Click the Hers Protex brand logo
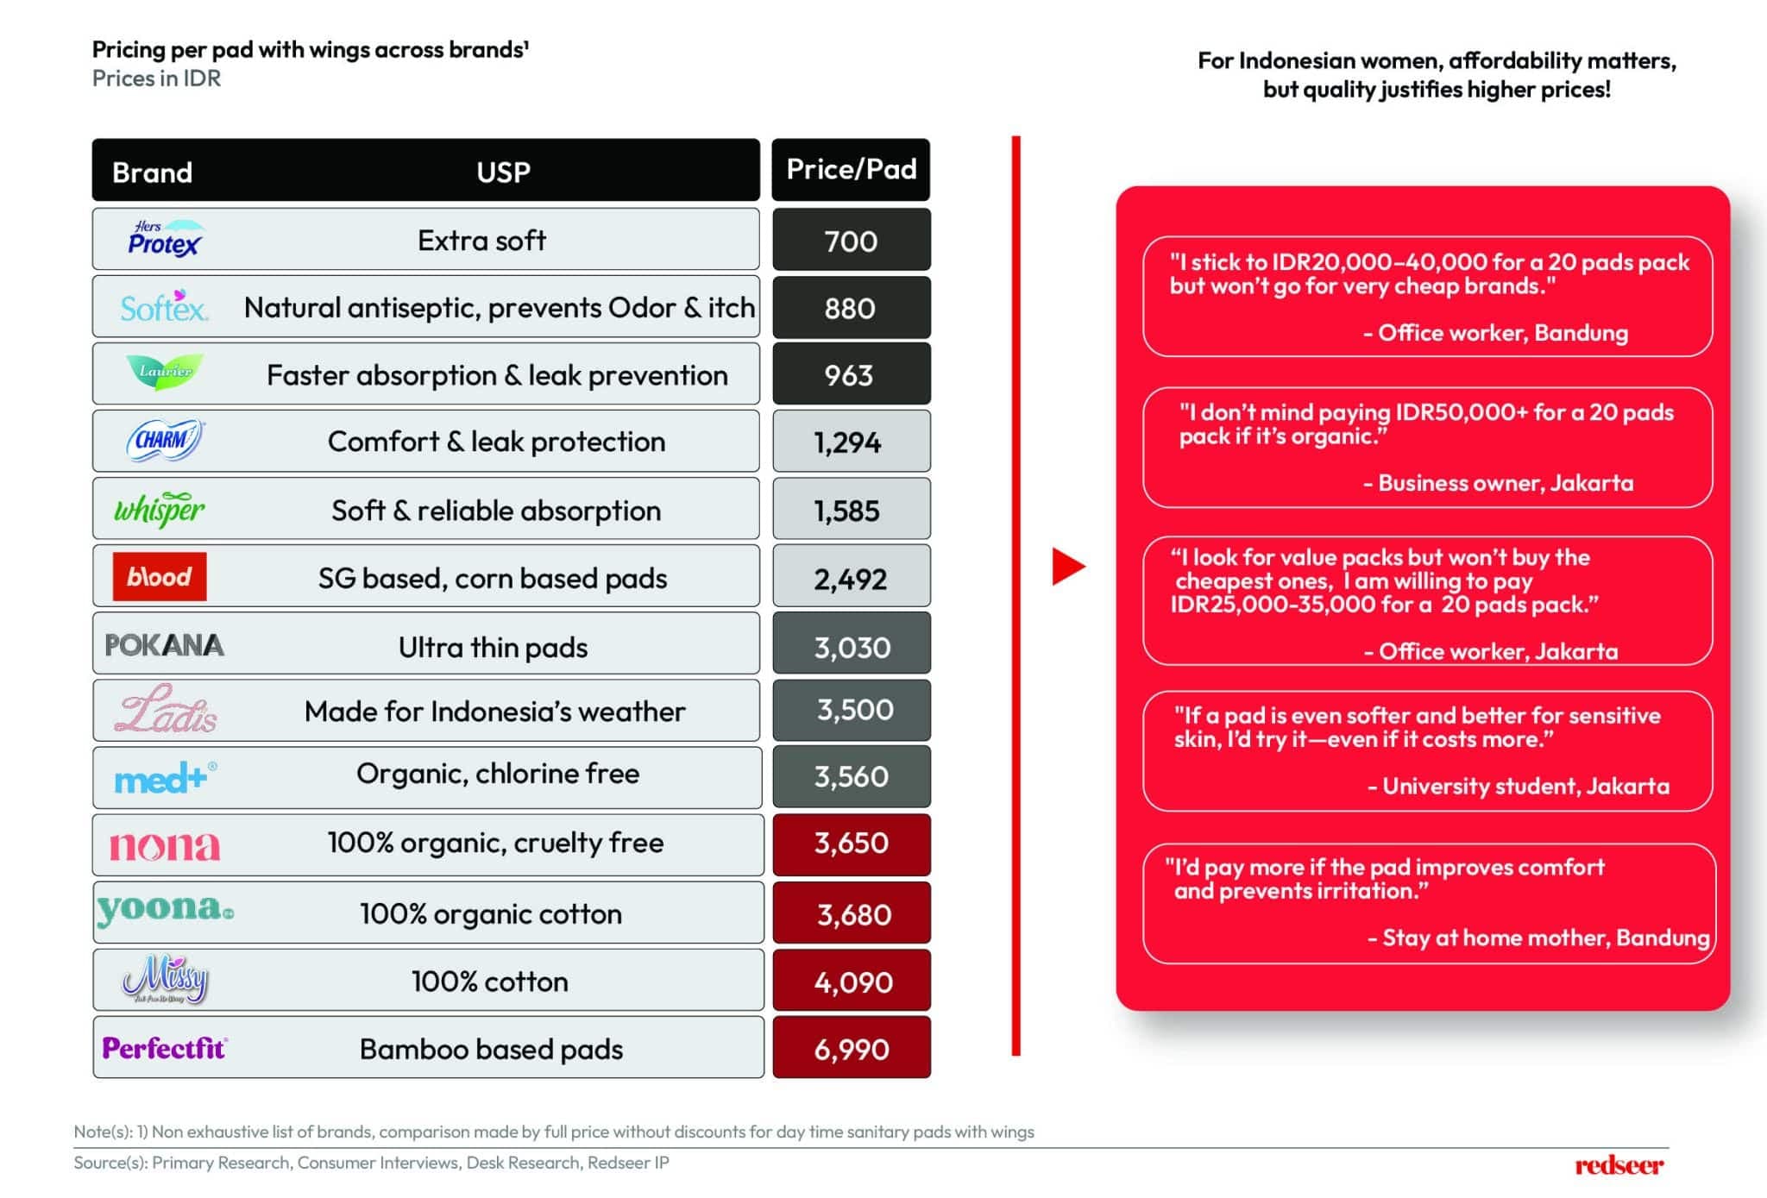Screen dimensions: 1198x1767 pyautogui.click(x=164, y=239)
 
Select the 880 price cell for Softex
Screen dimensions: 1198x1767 pyautogui.click(x=851, y=308)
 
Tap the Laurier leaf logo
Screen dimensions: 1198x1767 pyautogui.click(x=165, y=372)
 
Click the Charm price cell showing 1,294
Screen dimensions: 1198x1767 pyautogui.click(x=851, y=442)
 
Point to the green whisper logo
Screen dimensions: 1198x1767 pyautogui.click(x=160, y=509)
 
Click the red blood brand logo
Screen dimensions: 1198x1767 pyautogui.click(x=160, y=576)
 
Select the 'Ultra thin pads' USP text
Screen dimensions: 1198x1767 pyautogui.click(x=493, y=647)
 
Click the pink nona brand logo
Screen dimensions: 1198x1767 pyautogui.click(x=164, y=845)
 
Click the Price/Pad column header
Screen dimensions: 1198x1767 pyautogui.click(x=851, y=169)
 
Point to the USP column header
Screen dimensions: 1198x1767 pyautogui.click(x=503, y=172)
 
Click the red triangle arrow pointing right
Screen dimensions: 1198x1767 pyautogui.click(x=1067, y=567)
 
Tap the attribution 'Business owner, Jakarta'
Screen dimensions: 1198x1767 pyautogui.click(x=1505, y=483)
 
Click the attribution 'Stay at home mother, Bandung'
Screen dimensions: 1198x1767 pyautogui.click(x=1544, y=938)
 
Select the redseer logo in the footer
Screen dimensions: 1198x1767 pyautogui.click(x=1619, y=1165)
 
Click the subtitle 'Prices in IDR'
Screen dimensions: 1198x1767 pyautogui.click(x=156, y=78)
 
